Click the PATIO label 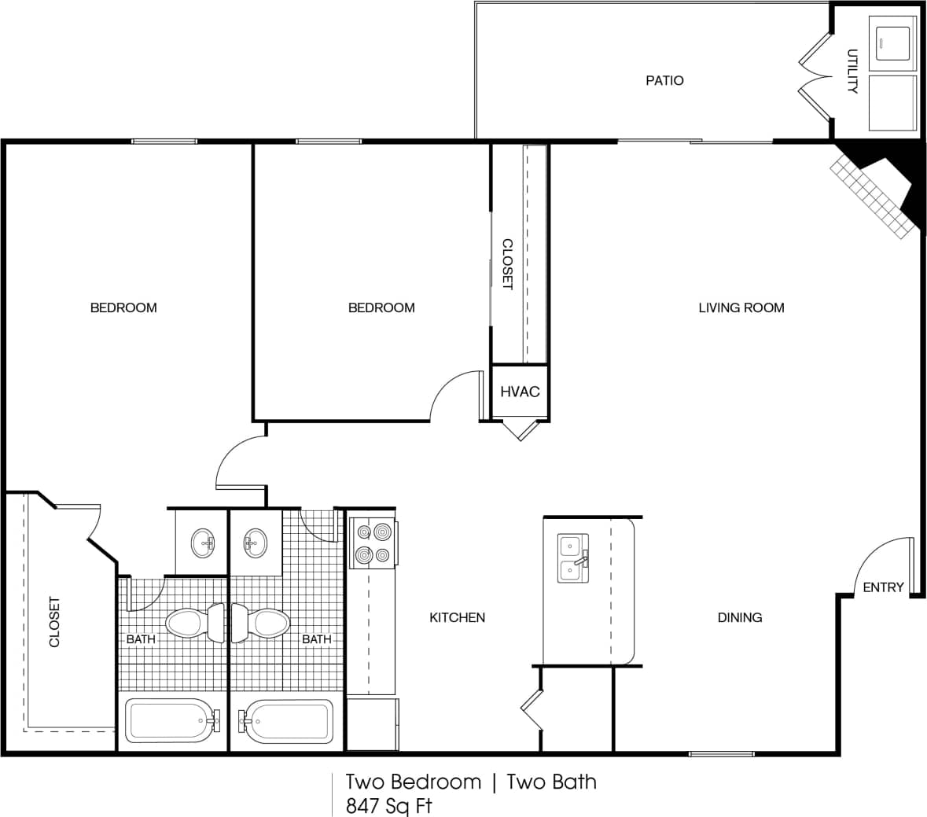pyautogui.click(x=664, y=80)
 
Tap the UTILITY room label pyautogui.click(x=852, y=72)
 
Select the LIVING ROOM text pyautogui.click(x=741, y=307)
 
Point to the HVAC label pyautogui.click(x=520, y=392)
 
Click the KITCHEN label pyautogui.click(x=457, y=617)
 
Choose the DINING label pyautogui.click(x=739, y=617)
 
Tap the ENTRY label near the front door pyautogui.click(x=883, y=587)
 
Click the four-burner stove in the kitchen pyautogui.click(x=372, y=543)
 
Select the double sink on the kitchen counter pyautogui.click(x=573, y=558)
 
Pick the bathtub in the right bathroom pyautogui.click(x=286, y=720)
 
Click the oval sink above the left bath pyautogui.click(x=203, y=543)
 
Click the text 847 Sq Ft pyautogui.click(x=388, y=806)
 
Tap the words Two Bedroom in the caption pyautogui.click(x=413, y=782)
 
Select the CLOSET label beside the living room pyautogui.click(x=507, y=264)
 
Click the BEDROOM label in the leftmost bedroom pyautogui.click(x=123, y=307)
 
